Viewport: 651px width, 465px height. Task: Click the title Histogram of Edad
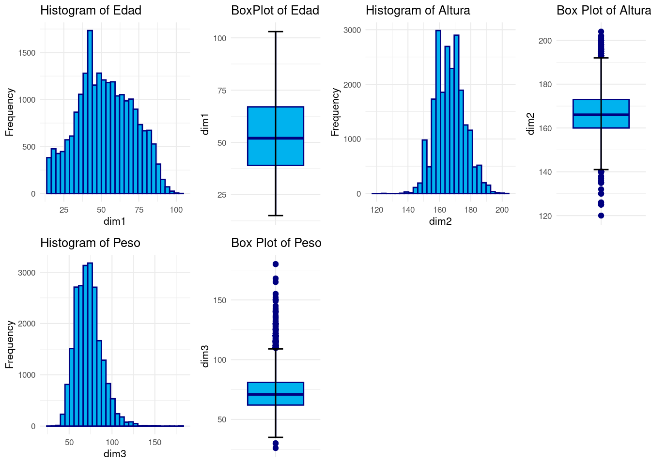pyautogui.click(x=91, y=10)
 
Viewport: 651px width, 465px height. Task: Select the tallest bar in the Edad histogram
pyautogui.click(x=90, y=111)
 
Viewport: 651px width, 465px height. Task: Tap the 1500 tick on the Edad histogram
pyautogui.click(x=27, y=53)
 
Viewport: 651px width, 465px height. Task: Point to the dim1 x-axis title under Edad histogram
pyautogui.click(x=115, y=221)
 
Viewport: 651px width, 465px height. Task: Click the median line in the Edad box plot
pyautogui.click(x=275, y=138)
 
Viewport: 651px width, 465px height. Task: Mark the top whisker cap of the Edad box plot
pyautogui.click(x=275, y=31)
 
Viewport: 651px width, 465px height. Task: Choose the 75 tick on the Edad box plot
pyautogui.click(x=220, y=91)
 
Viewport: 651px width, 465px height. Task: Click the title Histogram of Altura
pyautogui.click(x=418, y=10)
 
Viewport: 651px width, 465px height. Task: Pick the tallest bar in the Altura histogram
pyautogui.click(x=438, y=111)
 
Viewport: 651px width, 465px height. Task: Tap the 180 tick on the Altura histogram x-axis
pyautogui.click(x=471, y=210)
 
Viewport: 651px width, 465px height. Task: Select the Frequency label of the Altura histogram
pyautogui.click(x=335, y=112)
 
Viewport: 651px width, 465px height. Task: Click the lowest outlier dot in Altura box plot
pyautogui.click(x=601, y=216)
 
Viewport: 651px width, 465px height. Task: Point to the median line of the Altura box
pyautogui.click(x=601, y=115)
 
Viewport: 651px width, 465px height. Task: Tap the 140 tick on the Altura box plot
pyautogui.click(x=545, y=172)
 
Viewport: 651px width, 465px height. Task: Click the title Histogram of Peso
pyautogui.click(x=90, y=243)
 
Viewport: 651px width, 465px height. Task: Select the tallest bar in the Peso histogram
pyautogui.click(x=90, y=344)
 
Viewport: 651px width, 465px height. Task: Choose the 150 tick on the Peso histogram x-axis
pyautogui.click(x=155, y=442)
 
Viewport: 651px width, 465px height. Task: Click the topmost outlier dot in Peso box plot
pyautogui.click(x=276, y=264)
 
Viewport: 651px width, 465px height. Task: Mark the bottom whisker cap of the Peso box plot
pyautogui.click(x=276, y=437)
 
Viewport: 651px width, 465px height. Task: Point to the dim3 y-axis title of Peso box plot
pyautogui.click(x=205, y=356)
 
